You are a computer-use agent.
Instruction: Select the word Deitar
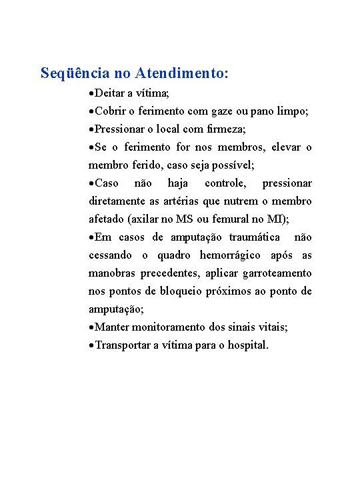point(111,93)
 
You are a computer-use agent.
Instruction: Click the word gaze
point(233,111)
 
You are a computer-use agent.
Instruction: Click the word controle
point(225,183)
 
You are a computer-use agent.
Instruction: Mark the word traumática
point(255,237)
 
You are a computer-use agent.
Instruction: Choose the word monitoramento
point(165,327)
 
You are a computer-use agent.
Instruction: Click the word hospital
point(247,345)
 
